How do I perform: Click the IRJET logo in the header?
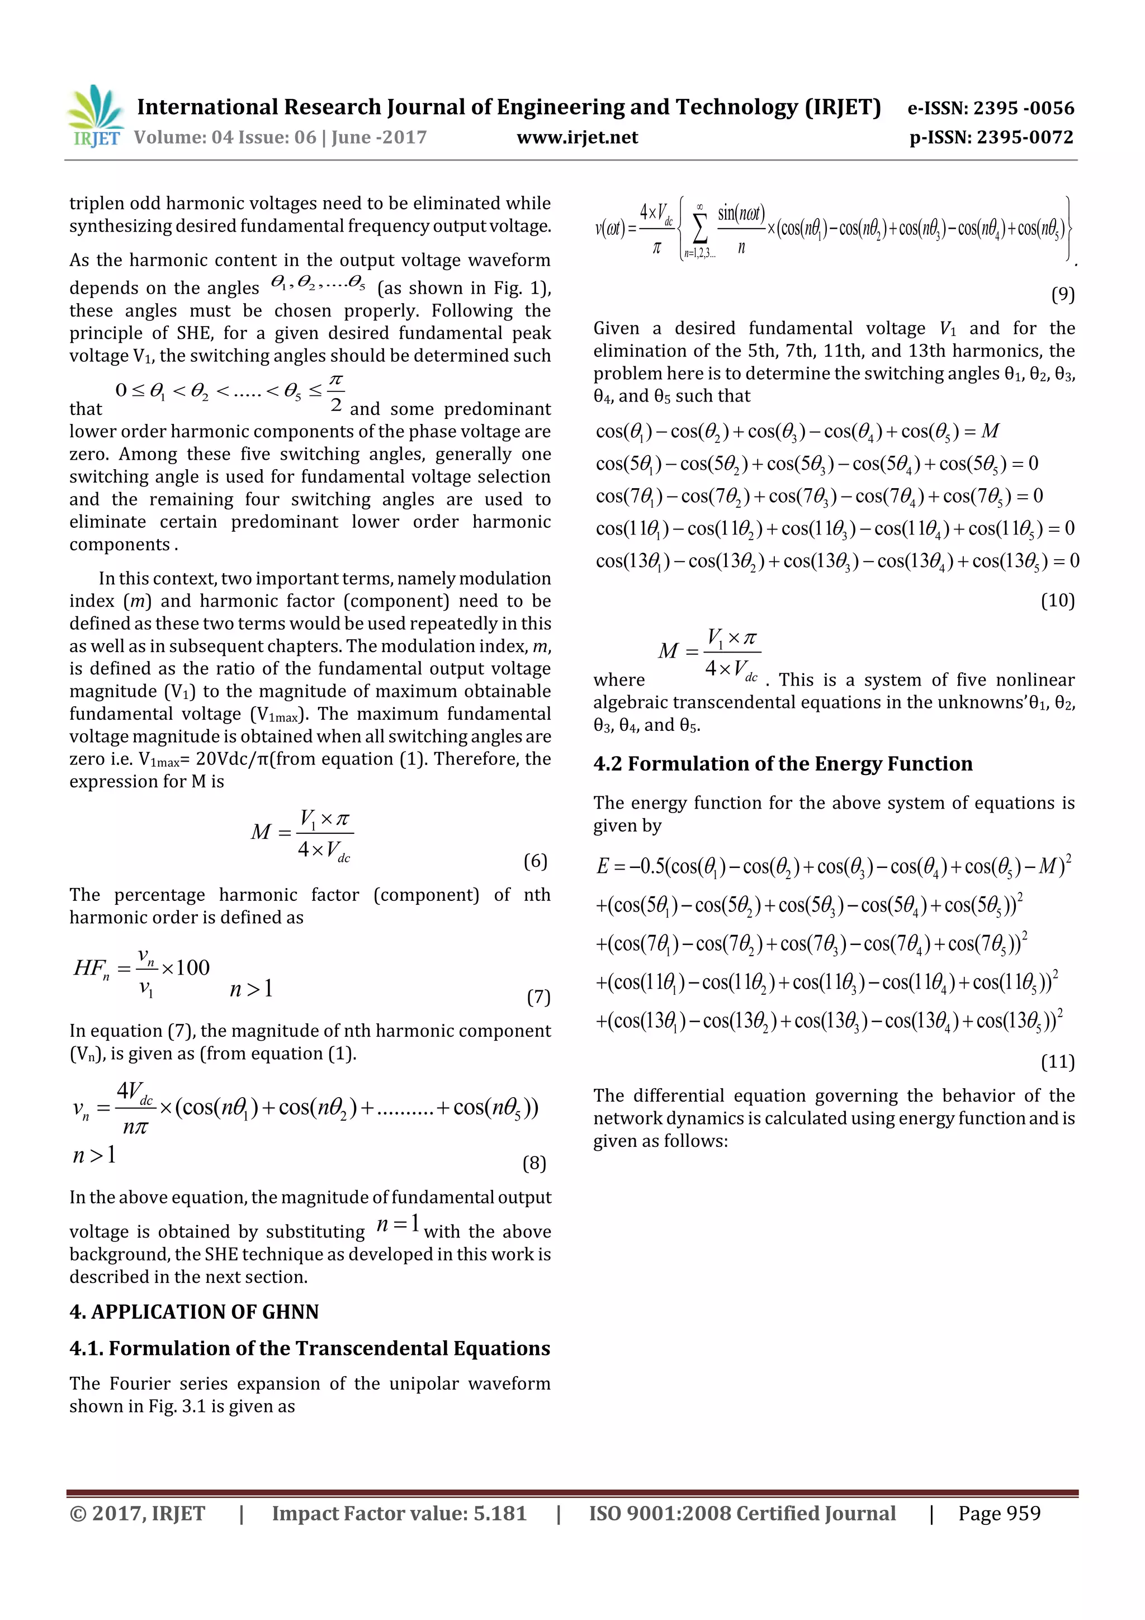(x=95, y=116)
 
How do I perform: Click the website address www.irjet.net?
(x=576, y=138)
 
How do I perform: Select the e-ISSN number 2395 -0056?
(x=990, y=108)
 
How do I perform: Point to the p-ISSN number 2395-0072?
(x=991, y=138)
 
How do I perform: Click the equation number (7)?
(x=538, y=996)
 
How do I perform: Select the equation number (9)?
(x=1062, y=294)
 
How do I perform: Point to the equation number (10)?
(x=1058, y=601)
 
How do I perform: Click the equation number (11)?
(x=1058, y=1061)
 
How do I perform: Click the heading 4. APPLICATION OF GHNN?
(x=194, y=1312)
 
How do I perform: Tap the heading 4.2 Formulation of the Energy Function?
(x=782, y=763)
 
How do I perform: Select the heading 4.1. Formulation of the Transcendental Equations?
(x=310, y=1348)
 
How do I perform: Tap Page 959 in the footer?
(x=999, y=1513)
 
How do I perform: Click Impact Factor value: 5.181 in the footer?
(x=399, y=1513)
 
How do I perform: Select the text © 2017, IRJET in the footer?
(x=138, y=1513)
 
